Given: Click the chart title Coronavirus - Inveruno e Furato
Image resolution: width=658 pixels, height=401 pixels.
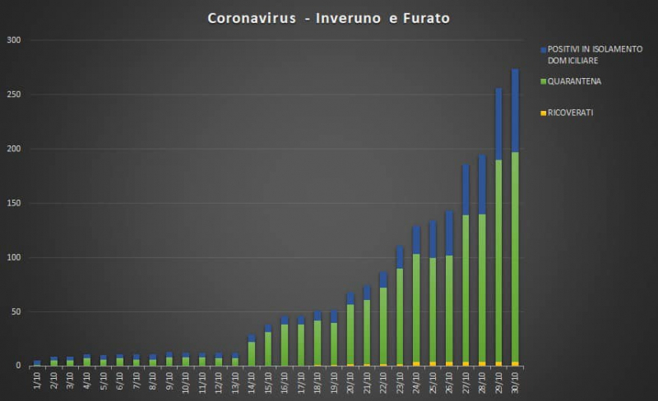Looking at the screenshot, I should coord(328,17).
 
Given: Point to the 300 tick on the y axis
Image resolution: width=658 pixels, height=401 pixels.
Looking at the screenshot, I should coord(14,40).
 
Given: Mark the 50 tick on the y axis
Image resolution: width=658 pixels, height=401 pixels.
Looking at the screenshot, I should coord(16,312).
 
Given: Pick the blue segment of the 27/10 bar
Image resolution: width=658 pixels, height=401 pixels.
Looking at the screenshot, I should coord(466,190).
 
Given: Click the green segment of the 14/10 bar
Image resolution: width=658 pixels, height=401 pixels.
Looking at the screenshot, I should coord(252,353).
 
